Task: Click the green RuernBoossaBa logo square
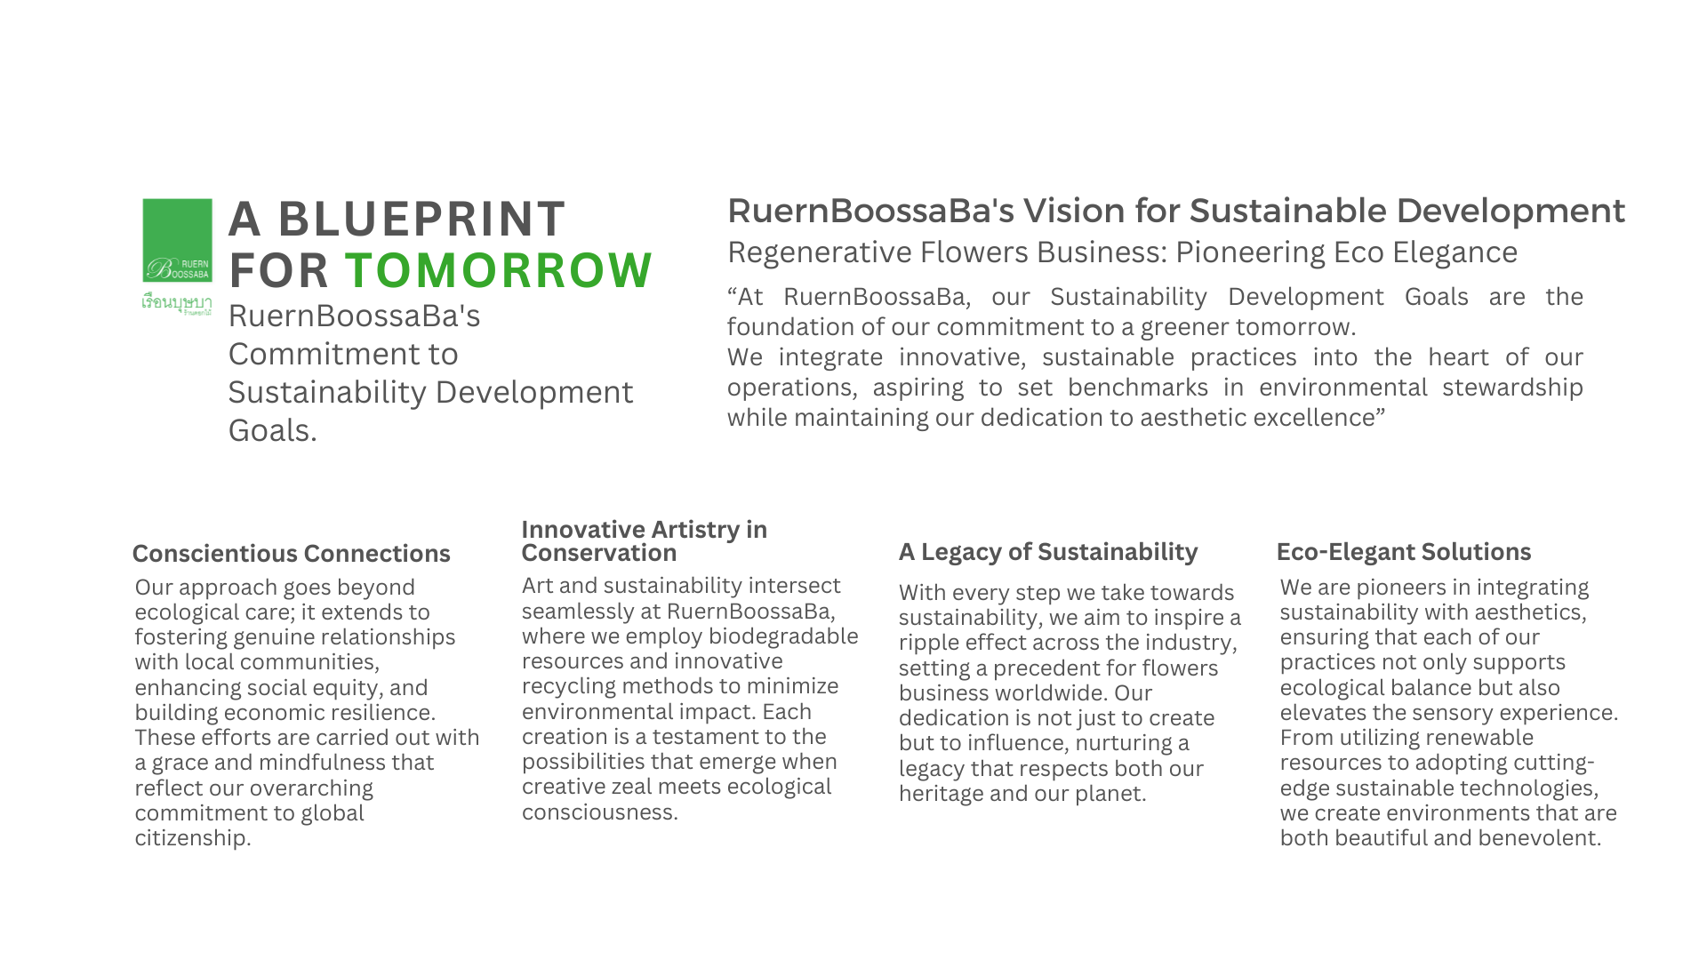coord(178,240)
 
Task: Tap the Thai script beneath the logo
coord(177,303)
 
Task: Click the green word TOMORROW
coord(499,270)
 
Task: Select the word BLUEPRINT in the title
coord(421,219)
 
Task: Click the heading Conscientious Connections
coord(292,554)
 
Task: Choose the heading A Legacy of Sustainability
coord(1048,552)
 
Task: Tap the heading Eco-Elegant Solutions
coord(1404,552)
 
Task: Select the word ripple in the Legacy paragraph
coord(926,644)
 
